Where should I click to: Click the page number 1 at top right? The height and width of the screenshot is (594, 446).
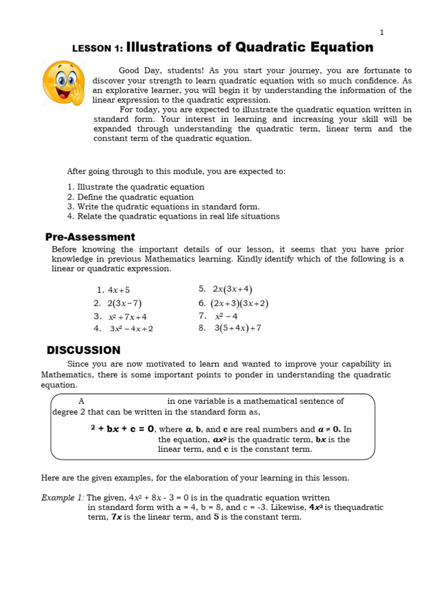382,32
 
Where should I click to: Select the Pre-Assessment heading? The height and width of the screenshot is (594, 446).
90,237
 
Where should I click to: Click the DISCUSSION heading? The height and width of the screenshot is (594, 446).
83,350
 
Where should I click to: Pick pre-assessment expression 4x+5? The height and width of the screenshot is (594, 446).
119,290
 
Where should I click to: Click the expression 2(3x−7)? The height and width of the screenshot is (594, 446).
124,303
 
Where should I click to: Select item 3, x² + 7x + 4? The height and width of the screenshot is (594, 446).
127,317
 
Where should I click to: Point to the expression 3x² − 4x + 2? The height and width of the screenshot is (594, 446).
131,329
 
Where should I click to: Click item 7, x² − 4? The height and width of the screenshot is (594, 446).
226,316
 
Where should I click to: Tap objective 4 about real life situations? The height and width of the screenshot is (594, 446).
173,216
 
